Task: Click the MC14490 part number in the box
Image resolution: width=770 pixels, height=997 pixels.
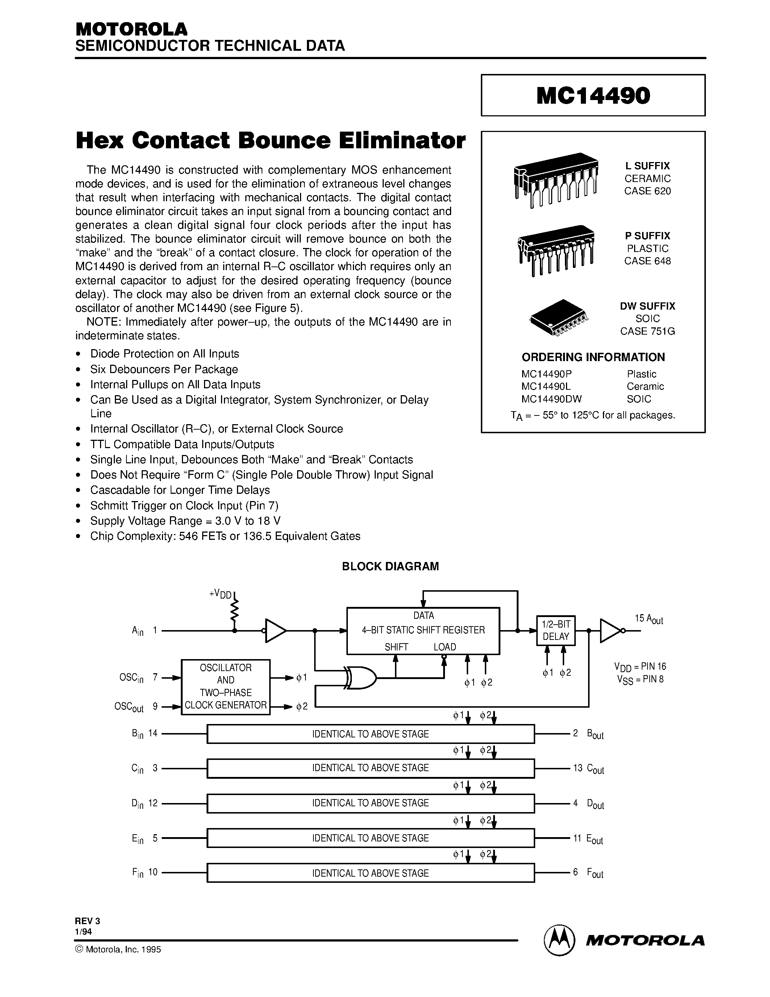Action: (x=593, y=96)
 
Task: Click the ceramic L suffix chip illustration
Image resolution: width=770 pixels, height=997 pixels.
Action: (x=555, y=179)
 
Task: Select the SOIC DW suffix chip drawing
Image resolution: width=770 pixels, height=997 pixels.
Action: (x=558, y=318)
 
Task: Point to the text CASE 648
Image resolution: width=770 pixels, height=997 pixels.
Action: (x=647, y=261)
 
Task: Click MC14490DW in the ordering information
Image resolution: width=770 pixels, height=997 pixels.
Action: (x=552, y=399)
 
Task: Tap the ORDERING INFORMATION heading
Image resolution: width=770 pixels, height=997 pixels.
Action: (x=593, y=357)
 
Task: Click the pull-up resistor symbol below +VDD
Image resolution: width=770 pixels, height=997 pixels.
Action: (x=234, y=609)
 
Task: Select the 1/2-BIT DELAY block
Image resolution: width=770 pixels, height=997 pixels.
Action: (x=555, y=630)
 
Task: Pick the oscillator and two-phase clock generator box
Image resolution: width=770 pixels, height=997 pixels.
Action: (x=225, y=687)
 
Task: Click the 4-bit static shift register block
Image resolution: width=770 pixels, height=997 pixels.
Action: (x=423, y=630)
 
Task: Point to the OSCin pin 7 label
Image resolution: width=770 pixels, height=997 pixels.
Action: (x=137, y=678)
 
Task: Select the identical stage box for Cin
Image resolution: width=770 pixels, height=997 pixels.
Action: (x=370, y=768)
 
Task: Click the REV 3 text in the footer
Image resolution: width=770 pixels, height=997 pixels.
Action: (x=87, y=921)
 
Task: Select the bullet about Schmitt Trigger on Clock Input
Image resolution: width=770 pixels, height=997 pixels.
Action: (x=184, y=505)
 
